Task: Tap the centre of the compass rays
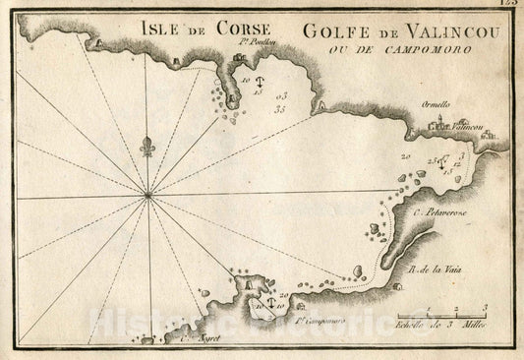[148, 195]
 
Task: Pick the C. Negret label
[198, 336]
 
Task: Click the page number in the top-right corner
[509, 6]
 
